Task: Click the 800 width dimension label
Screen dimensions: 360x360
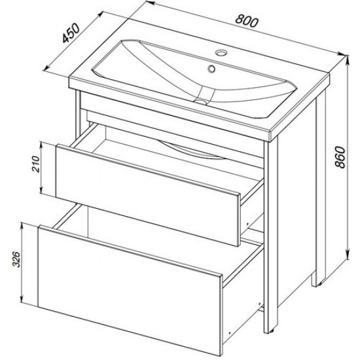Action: point(247,21)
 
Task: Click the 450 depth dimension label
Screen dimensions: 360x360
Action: point(71,33)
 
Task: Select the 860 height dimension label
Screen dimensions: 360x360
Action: point(340,157)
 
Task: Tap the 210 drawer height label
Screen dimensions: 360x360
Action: point(35,164)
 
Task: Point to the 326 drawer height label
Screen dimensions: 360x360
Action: point(16,259)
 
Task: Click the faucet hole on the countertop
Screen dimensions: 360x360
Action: point(221,52)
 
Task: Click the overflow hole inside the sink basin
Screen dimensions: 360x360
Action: point(211,68)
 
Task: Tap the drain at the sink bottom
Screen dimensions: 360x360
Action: point(201,101)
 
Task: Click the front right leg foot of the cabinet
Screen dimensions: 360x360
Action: point(270,330)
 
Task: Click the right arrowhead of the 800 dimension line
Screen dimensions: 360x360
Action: point(342,54)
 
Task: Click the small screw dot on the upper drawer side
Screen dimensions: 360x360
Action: point(247,223)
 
